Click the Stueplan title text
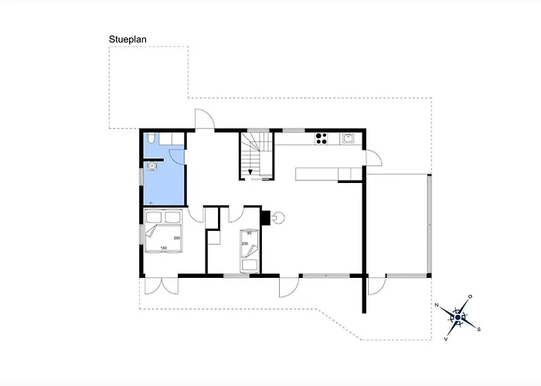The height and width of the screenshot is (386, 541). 128,39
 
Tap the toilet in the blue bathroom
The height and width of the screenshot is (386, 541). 151,138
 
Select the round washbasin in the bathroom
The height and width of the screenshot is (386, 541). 151,167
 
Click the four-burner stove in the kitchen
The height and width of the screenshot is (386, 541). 322,138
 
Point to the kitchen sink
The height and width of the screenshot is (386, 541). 348,138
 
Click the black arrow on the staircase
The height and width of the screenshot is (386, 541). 250,172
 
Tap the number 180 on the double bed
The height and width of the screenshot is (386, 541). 164,248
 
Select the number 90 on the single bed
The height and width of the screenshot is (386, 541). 249,233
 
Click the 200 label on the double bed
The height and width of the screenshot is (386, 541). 177,238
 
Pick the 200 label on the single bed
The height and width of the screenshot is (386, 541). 245,244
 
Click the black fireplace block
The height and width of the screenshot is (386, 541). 266,217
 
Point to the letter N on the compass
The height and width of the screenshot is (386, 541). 437,305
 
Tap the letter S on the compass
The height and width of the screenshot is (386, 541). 478,330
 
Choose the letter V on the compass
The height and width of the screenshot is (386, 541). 446,339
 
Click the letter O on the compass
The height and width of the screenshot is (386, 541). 470,296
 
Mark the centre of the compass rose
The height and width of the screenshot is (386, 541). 458,317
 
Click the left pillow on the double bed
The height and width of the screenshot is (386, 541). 154,217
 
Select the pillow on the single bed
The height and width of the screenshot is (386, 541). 249,265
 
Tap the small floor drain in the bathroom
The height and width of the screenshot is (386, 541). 151,203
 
